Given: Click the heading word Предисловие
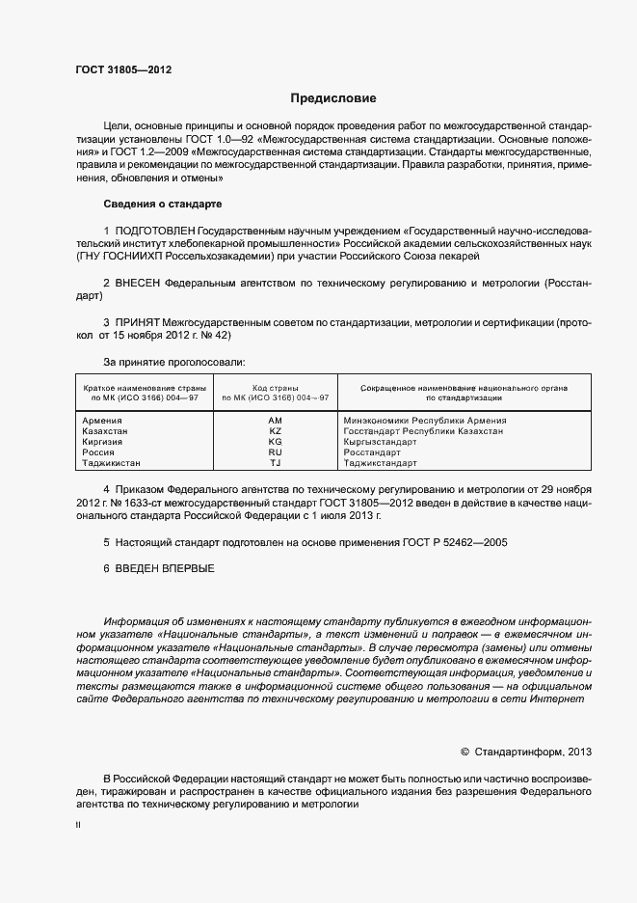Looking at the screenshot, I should click(x=333, y=98).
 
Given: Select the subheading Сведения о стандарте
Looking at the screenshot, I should click(x=163, y=205).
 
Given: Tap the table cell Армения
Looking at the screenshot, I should click(x=103, y=421).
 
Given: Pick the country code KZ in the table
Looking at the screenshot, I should click(x=276, y=431).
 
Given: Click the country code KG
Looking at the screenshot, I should click(x=276, y=442).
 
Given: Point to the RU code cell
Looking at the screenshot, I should click(x=276, y=452).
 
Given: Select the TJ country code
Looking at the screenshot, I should click(x=276, y=463).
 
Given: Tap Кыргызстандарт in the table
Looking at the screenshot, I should click(x=380, y=442).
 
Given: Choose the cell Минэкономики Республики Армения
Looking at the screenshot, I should click(x=425, y=421).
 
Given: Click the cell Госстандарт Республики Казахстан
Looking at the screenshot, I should click(x=423, y=431).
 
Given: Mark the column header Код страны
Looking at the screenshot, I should click(x=276, y=387).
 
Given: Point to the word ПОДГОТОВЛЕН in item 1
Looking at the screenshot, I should click(x=154, y=233).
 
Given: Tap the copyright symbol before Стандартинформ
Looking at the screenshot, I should click(x=464, y=750).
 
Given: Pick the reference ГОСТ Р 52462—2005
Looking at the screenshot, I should click(x=452, y=543).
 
